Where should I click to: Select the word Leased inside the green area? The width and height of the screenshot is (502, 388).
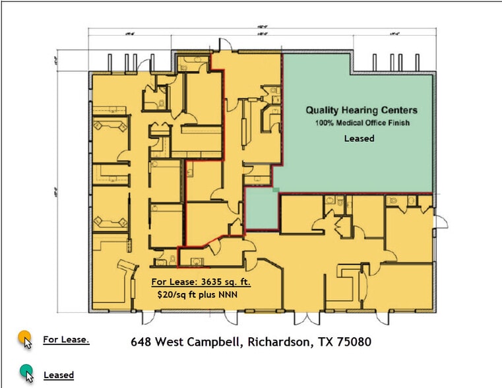coord(360,139)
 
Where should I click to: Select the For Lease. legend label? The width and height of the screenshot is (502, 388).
coord(66,340)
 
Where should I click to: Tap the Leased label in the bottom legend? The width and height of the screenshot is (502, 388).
coord(59,375)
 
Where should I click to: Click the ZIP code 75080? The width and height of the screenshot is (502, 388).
coord(353,342)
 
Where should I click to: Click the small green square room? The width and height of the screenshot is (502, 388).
coord(260,209)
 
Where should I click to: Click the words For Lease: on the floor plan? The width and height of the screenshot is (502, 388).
coord(173,282)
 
